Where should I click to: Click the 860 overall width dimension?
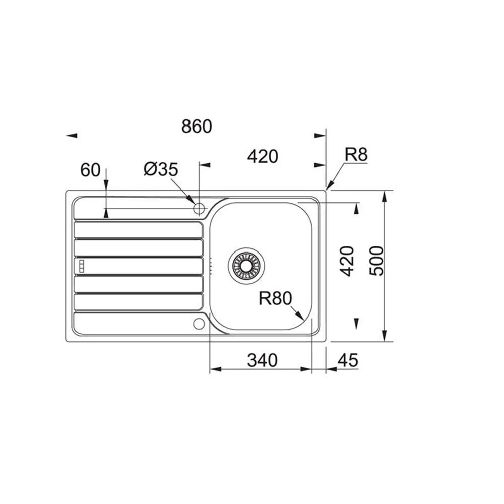[197, 126]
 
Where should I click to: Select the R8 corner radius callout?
[356, 155]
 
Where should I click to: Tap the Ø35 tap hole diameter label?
[161, 169]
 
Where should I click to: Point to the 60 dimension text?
[90, 170]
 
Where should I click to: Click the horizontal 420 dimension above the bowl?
[263, 157]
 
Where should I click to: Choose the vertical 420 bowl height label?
[347, 261]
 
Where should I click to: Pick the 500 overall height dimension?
[376, 261]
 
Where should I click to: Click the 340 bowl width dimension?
[262, 360]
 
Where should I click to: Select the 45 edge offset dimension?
[348, 360]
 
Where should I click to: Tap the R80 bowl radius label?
[276, 298]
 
